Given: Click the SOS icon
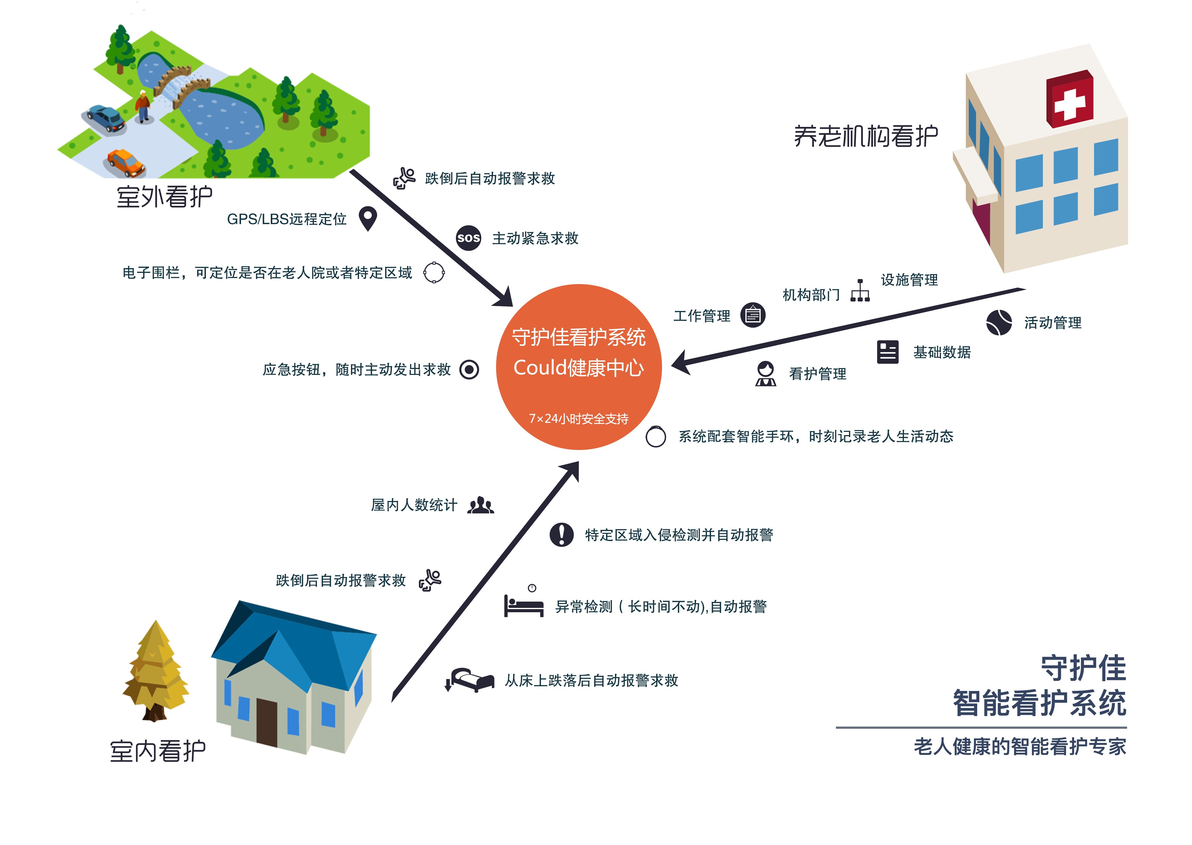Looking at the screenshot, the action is point(468,238).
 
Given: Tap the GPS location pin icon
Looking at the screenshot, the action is point(368,218).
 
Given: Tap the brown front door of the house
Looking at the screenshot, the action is point(267,722).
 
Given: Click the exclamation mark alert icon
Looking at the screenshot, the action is point(561,534).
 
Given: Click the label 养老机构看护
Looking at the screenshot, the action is point(866,136).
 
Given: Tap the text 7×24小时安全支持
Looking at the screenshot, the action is point(579,419).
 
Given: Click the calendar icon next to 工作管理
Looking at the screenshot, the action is point(753,315).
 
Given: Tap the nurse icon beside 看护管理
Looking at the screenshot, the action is point(765,374).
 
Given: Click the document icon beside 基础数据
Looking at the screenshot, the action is point(888,352).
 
